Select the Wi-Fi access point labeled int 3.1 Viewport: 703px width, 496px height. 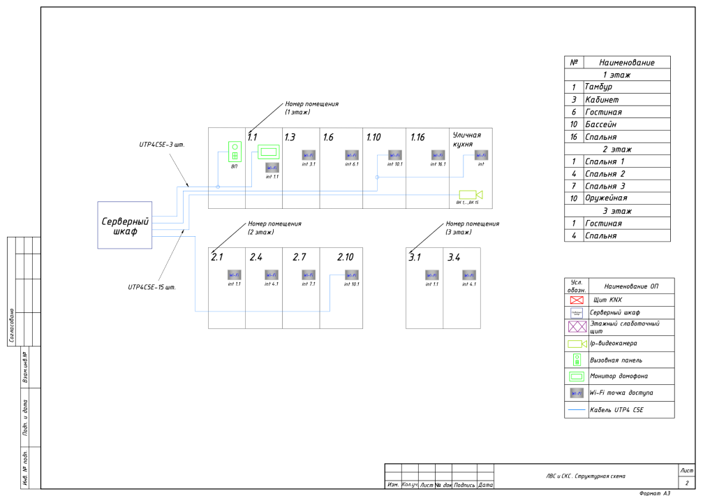coord(308,154)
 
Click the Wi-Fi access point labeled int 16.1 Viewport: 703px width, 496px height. coord(438,154)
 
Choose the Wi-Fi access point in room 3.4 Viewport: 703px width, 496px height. coord(469,275)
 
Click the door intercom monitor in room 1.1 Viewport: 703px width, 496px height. coord(268,151)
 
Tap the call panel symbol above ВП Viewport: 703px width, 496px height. coord(235,152)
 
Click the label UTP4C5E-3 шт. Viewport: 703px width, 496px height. coord(161,145)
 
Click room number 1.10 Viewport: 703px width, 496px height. coord(373,138)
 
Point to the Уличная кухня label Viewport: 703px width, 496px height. coord(468,140)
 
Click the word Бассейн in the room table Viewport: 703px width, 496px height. coord(599,124)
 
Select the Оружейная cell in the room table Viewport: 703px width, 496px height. coord(605,198)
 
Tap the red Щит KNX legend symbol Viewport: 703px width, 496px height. coord(577,300)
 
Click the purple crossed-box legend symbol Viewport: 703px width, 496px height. coord(577,327)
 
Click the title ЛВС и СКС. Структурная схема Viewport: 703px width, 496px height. coord(586,476)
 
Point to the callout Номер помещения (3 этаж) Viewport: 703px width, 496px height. coord(473,228)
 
